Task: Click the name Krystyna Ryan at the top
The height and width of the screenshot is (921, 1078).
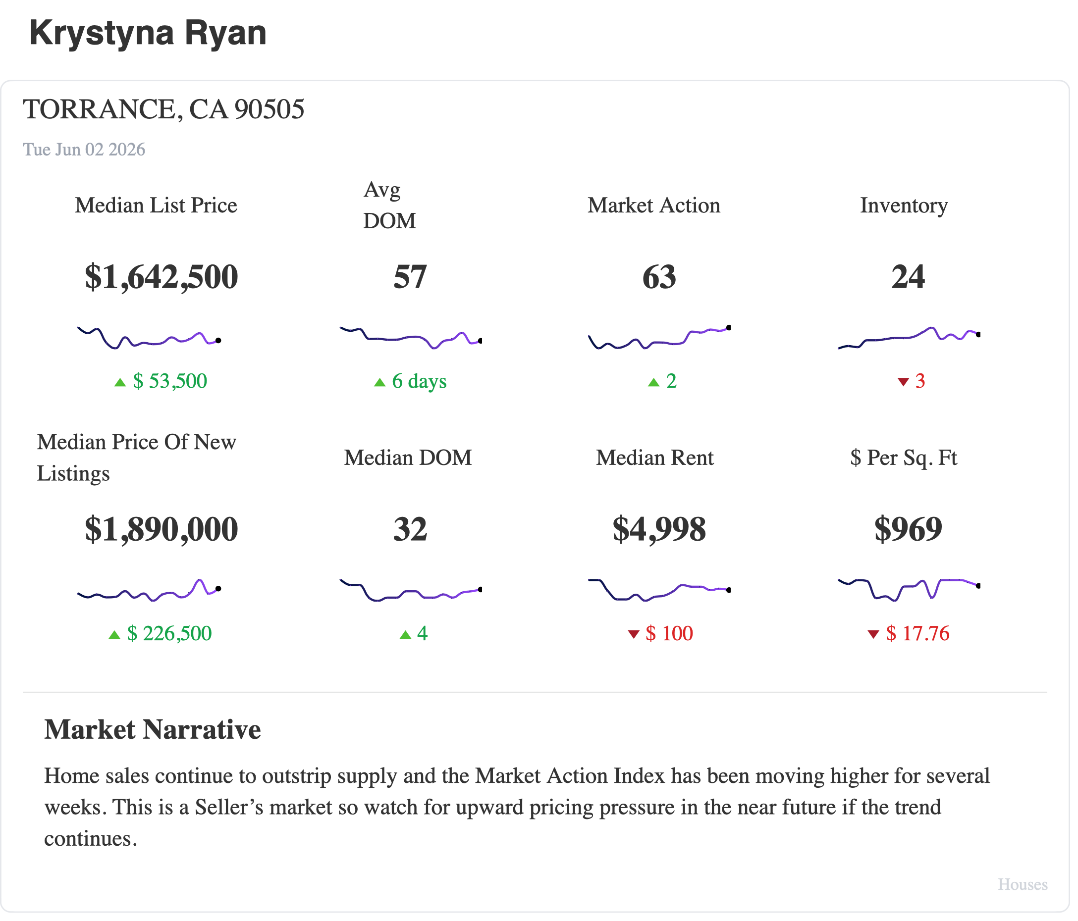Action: pos(148,33)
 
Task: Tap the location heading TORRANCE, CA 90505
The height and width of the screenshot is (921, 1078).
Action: pos(164,110)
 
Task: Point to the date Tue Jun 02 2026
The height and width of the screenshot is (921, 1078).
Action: pos(84,150)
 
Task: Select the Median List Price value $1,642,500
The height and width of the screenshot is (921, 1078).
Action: pos(162,277)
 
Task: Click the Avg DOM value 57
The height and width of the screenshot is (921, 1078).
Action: pos(411,277)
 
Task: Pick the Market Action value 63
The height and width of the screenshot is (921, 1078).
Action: pos(660,277)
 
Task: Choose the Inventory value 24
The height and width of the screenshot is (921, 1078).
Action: pos(909,277)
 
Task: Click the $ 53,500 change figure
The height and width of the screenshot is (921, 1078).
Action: pos(170,382)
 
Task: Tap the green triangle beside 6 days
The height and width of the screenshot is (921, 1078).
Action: pos(380,383)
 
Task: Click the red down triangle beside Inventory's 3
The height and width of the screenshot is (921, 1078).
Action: pos(904,383)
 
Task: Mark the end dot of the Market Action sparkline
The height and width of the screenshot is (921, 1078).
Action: pos(729,328)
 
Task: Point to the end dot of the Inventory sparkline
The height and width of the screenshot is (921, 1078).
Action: pos(978,335)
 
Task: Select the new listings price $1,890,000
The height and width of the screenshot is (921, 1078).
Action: pos(162,530)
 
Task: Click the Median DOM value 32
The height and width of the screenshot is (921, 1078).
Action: pos(411,530)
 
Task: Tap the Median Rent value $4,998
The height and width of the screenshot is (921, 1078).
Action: pos(660,530)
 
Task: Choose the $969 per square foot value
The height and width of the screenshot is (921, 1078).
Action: pos(909,530)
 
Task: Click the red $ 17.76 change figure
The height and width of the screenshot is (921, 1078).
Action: pos(918,634)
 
